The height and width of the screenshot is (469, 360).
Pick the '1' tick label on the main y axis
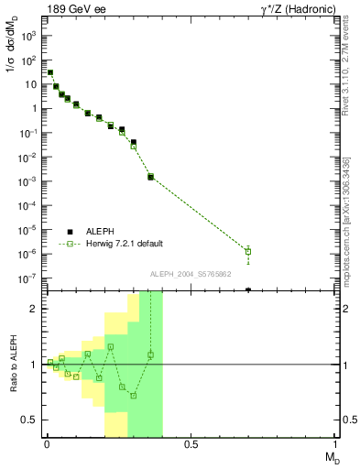(33, 109)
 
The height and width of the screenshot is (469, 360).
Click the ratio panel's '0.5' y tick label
(29, 420)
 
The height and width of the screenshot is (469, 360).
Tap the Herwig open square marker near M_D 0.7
(248, 251)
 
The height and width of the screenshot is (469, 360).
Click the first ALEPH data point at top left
(50, 72)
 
